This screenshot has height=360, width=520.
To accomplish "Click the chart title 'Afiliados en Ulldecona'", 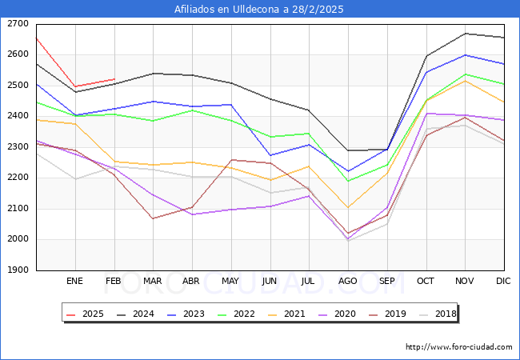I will pos(259,10).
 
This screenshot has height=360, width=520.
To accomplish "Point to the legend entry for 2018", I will pos(445,314).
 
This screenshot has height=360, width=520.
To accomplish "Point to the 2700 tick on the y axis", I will pos(17,24).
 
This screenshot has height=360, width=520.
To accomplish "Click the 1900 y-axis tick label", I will pos(17,270).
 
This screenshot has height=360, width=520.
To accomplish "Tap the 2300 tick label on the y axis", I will pos(17,147).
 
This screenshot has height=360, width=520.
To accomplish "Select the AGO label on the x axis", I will pos(348,282).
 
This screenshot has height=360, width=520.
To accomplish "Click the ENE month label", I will pos(74,282).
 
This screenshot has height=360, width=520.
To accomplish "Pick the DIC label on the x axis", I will pos(503,282).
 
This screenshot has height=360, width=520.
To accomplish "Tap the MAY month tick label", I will pos(230,282).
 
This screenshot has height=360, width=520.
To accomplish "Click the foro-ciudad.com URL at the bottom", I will pos(458,347).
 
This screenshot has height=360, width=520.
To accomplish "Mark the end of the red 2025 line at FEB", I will pos(114,79).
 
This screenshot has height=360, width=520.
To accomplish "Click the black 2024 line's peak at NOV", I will pos(465,34).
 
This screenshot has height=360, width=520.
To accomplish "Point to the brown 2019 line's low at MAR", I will pos(153,218).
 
